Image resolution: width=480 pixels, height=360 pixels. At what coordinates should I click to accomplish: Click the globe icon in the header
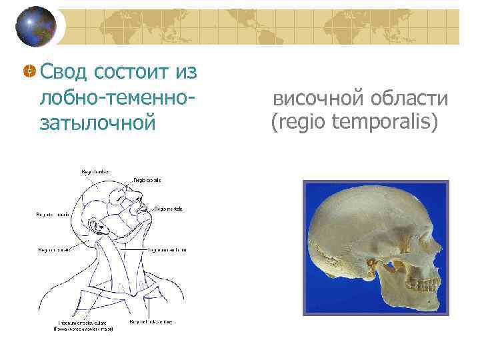[x=37, y=26]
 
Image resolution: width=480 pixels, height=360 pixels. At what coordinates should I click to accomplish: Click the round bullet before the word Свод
[x=29, y=71]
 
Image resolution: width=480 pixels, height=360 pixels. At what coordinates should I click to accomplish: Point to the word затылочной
[x=97, y=123]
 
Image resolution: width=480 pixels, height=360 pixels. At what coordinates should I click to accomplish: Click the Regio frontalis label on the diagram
[x=97, y=173]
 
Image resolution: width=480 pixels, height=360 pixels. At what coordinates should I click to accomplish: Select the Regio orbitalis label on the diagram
[x=147, y=180]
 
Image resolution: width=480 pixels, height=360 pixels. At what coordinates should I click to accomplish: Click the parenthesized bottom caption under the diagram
[x=83, y=329]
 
